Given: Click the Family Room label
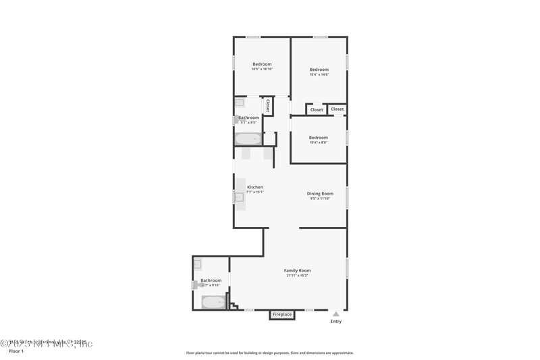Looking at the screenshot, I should pyautogui.click(x=297, y=270).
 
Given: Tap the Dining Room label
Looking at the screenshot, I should pyautogui.click(x=320, y=193).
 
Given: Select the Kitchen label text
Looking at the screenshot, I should pyautogui.click(x=255, y=187).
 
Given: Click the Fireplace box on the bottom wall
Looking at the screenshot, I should pyautogui.click(x=282, y=315).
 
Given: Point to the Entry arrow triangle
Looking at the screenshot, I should pyautogui.click(x=335, y=314).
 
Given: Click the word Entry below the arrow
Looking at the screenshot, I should pyautogui.click(x=335, y=322).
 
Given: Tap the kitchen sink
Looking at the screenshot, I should pyautogui.click(x=238, y=197).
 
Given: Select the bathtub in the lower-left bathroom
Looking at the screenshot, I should pyautogui.click(x=213, y=302).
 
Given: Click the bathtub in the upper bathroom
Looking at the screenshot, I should pyautogui.click(x=248, y=139).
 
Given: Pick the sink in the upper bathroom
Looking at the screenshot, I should pyautogui.click(x=239, y=103).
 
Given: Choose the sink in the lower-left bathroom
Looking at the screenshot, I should pyautogui.click(x=198, y=265).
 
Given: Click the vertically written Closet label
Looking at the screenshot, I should pyautogui.click(x=268, y=106).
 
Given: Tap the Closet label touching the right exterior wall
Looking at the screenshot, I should pyautogui.click(x=337, y=109).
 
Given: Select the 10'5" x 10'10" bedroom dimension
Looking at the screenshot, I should pyautogui.click(x=262, y=69).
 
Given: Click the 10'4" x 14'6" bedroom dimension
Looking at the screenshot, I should pyautogui.click(x=319, y=74).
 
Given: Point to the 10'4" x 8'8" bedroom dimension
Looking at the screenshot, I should pyautogui.click(x=319, y=143).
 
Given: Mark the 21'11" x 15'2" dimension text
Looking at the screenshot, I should pyautogui.click(x=297, y=276).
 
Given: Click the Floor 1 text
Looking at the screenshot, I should pyautogui.click(x=16, y=351).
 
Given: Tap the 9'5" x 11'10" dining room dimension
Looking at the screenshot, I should pyautogui.click(x=320, y=199).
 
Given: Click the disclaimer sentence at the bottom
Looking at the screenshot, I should pyautogui.click(x=269, y=353).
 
